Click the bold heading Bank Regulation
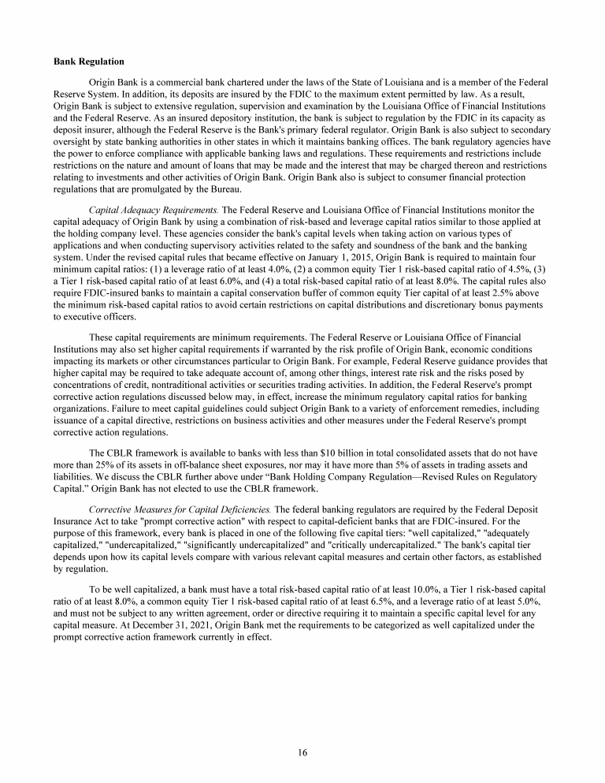tap(88, 61)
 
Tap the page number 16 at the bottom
tap(302, 752)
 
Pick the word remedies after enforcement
tap(445, 409)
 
